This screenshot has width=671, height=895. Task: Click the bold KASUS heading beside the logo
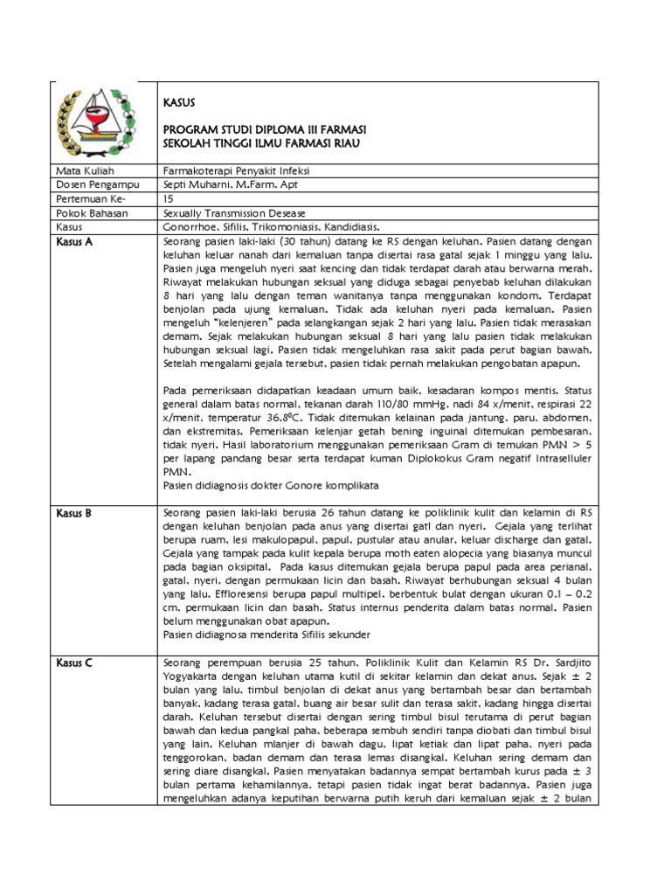pos(180,102)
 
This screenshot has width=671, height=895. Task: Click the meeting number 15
pos(169,198)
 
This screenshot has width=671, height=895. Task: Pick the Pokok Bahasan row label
pos(91,212)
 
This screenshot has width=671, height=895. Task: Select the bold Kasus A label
pos(74,240)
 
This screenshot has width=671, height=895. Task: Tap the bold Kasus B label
pos(74,513)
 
